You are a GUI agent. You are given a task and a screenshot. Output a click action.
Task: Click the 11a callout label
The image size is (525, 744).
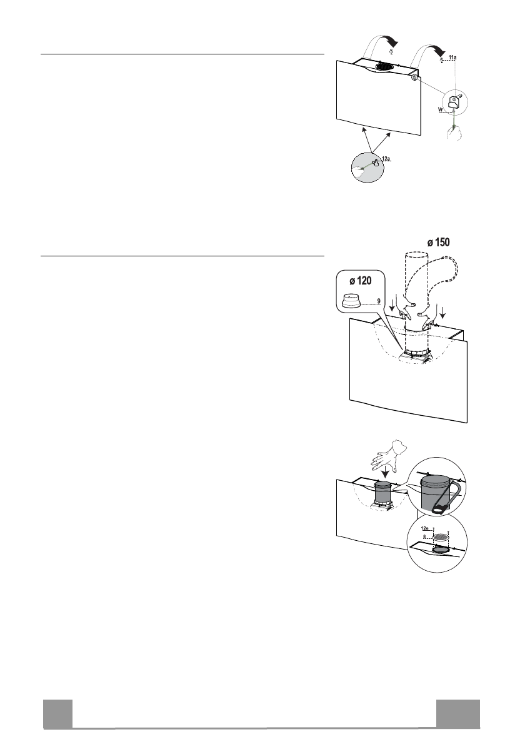click(x=453, y=57)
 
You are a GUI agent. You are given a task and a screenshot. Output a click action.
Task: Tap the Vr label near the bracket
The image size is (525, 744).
click(x=442, y=109)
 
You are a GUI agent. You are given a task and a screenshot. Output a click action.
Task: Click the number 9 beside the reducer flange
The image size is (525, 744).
click(x=378, y=301)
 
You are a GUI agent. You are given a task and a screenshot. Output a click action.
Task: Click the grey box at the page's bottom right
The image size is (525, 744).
click(x=458, y=714)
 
